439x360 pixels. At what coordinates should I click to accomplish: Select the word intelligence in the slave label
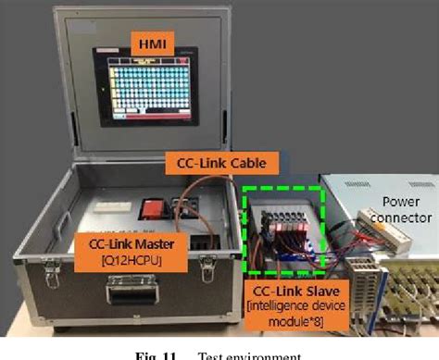pos(273,305)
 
